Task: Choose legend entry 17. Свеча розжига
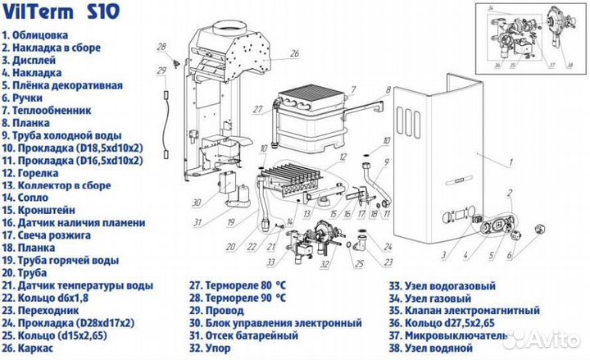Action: [x=58, y=235]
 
